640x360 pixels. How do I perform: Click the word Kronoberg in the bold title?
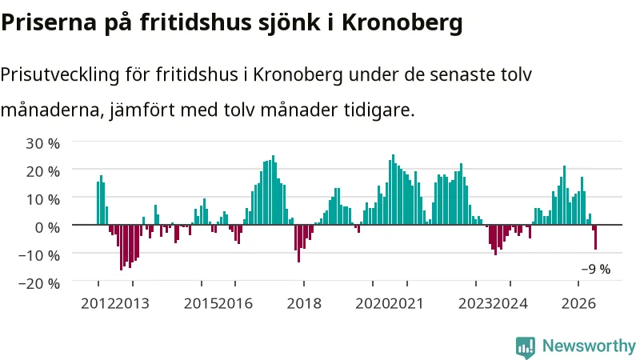click(x=402, y=22)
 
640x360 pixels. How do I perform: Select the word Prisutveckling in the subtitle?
click(x=60, y=75)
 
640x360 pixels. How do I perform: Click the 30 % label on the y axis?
click(x=43, y=144)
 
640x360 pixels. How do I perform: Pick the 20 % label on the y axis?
click(x=43, y=171)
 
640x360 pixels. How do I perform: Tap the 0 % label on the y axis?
click(x=47, y=227)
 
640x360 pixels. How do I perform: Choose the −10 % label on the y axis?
click(x=39, y=255)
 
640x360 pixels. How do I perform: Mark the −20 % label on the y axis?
click(x=39, y=283)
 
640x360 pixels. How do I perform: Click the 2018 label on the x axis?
click(x=304, y=304)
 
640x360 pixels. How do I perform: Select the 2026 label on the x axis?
click(x=578, y=304)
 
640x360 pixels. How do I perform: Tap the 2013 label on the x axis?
click(x=132, y=304)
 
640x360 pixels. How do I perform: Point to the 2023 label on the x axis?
click(x=475, y=304)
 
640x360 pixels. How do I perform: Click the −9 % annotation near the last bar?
click(x=596, y=270)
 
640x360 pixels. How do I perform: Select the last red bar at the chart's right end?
click(x=595, y=237)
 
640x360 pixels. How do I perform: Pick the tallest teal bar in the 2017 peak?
click(x=273, y=190)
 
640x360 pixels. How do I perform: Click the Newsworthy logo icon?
click(x=526, y=347)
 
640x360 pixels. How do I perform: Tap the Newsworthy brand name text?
click(x=589, y=346)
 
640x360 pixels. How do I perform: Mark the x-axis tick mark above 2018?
click(x=304, y=284)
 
